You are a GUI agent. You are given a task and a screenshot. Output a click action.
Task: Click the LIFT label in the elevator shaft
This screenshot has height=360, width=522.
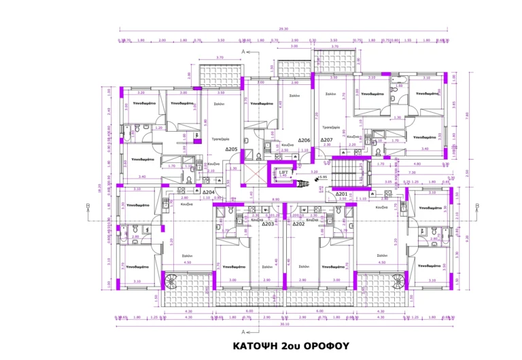tap(283, 173)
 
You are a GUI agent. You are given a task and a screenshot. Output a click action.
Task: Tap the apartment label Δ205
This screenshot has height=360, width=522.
tap(232, 149)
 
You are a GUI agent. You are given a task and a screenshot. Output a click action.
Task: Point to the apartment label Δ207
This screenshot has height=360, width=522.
tap(326, 140)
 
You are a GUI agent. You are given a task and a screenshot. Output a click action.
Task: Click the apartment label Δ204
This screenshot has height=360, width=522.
tap(208, 192)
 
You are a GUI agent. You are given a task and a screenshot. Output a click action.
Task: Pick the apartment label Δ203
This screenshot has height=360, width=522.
tap(268, 223)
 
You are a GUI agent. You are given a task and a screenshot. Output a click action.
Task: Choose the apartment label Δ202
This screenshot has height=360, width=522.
tap(298, 223)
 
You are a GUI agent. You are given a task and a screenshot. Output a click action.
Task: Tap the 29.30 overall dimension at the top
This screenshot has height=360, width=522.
tap(283, 29)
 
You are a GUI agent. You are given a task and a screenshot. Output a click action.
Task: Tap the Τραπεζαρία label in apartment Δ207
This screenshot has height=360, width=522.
tap(331, 127)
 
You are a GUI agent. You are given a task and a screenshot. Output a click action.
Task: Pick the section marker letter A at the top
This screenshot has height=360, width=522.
tap(243, 52)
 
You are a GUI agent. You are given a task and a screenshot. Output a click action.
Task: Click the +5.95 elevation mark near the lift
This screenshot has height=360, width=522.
tap(324, 178)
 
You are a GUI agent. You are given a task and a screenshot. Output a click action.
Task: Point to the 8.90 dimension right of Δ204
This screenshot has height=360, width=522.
tap(276, 199)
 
